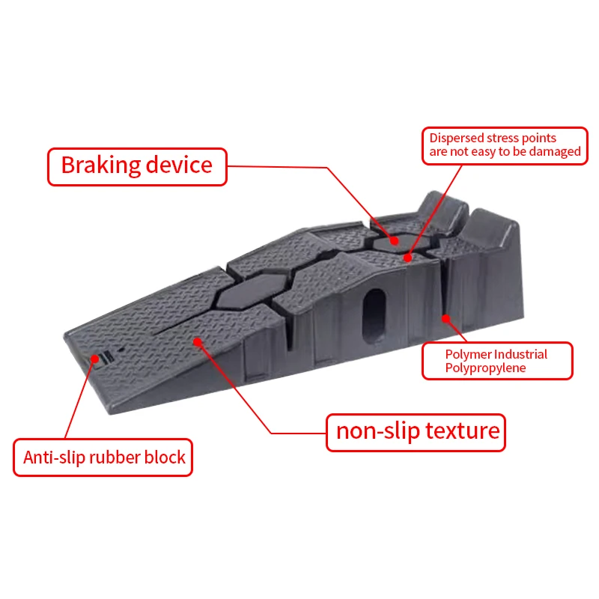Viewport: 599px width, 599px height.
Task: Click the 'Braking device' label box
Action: click(137, 165)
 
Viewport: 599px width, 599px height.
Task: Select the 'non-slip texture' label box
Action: click(416, 431)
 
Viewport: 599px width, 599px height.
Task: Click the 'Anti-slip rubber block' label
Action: click(103, 457)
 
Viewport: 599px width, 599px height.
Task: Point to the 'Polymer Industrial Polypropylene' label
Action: click(496, 361)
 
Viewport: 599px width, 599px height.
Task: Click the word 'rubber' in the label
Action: click(110, 457)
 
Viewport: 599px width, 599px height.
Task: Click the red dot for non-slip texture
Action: click(198, 342)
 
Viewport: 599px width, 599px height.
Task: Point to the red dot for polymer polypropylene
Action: click(445, 318)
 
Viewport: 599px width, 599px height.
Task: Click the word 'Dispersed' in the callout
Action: click(457, 138)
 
